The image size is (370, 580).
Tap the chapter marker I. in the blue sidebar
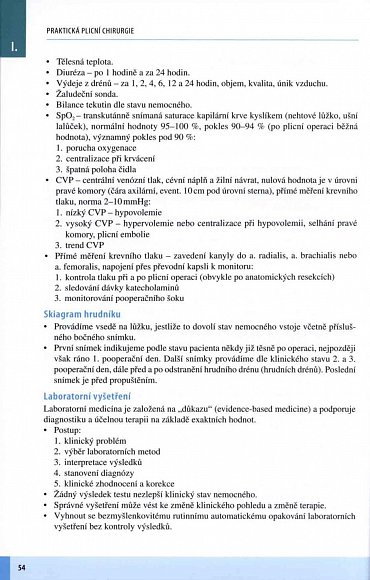coord(13,46)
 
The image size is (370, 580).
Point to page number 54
coord(21,567)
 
